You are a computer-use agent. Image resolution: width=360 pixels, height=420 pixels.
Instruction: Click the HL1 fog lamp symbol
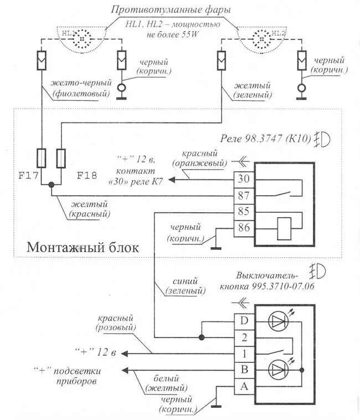pyautogui.click(x=83, y=38)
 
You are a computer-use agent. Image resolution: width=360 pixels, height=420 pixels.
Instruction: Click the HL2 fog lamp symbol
pyautogui.click(x=260, y=38)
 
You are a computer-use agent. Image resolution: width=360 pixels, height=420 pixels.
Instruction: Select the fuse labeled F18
pyautogui.click(x=61, y=158)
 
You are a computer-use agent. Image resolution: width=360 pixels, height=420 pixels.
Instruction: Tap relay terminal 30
pyautogui.click(x=244, y=180)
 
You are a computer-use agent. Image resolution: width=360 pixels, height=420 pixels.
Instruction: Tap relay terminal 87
pyautogui.click(x=244, y=195)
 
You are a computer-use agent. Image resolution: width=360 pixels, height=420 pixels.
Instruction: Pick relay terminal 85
pyautogui.click(x=244, y=211)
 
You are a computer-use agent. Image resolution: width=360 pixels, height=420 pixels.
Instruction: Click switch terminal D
pyautogui.click(x=244, y=320)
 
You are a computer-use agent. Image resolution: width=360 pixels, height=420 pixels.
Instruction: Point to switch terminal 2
pyautogui.click(x=244, y=336)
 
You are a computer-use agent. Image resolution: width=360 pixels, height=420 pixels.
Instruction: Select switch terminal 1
pyautogui.click(x=244, y=353)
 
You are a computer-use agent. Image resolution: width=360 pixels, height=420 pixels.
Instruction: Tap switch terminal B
pyautogui.click(x=244, y=370)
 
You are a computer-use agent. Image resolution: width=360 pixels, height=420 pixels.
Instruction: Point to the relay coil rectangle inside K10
pyautogui.click(x=283, y=227)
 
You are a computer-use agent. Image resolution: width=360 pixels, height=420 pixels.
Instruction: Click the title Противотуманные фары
pyautogui.click(x=170, y=10)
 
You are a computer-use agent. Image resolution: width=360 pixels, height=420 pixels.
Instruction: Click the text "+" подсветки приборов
pyautogui.click(x=71, y=375)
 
